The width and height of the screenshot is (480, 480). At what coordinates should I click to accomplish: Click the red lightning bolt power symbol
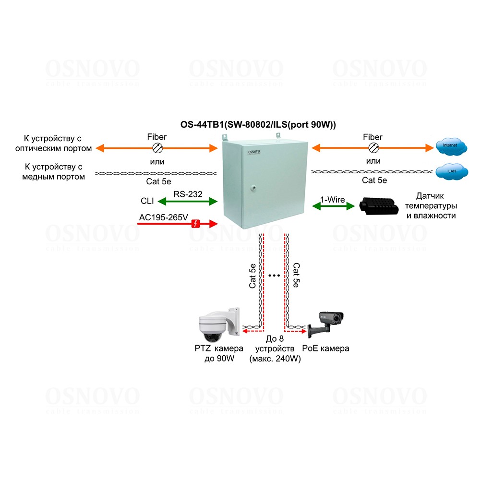click(x=196, y=223)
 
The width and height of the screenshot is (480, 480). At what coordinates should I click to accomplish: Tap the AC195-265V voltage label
click(x=163, y=217)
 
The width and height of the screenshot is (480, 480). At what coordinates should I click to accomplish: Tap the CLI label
click(x=147, y=202)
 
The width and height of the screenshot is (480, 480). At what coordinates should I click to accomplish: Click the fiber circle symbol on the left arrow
click(x=157, y=148)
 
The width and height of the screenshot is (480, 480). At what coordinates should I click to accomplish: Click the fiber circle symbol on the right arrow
click(x=372, y=148)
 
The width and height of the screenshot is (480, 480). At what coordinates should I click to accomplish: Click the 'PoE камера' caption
click(x=325, y=348)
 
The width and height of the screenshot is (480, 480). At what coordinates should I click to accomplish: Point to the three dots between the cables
click(x=275, y=276)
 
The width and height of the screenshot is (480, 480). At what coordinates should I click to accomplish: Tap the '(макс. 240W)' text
click(x=276, y=359)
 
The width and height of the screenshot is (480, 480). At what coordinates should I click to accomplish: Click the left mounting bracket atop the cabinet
click(x=224, y=137)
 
